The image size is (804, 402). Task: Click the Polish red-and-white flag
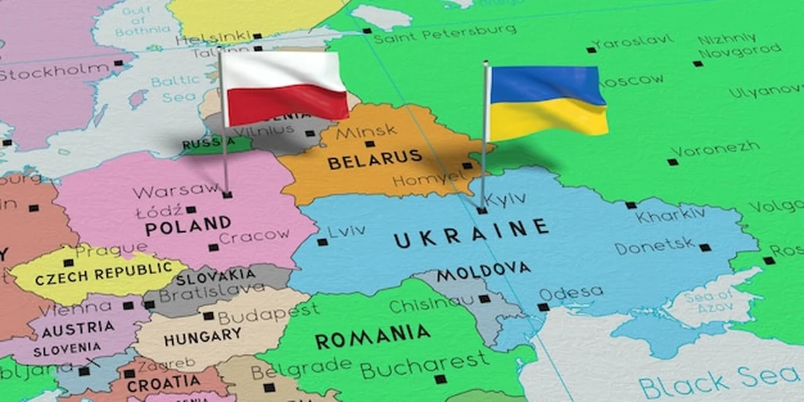coord(284,87)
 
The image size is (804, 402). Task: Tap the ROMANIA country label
coord(373,336)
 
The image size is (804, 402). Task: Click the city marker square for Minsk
coord(369,144)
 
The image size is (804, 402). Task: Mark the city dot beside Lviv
coord(322,242)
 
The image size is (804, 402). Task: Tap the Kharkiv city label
coord(671,216)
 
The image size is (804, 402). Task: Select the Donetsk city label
coord(655,247)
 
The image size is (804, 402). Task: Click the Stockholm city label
coord(53,70)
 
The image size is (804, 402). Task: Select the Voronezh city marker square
coord(672,161)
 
